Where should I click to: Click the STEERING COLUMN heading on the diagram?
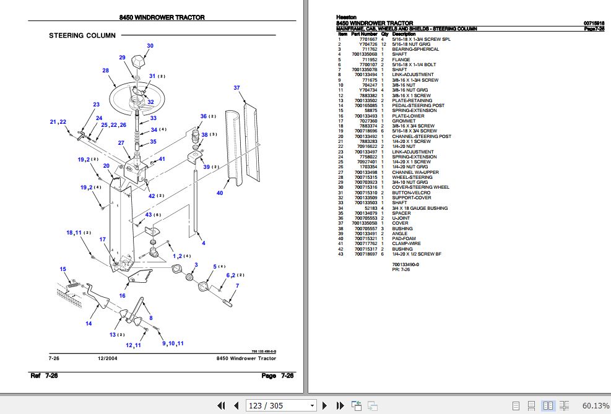[82, 36]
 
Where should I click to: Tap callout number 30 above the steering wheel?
[150, 46]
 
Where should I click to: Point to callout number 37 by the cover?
[236, 88]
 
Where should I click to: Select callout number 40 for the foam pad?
[219, 194]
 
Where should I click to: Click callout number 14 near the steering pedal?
[89, 323]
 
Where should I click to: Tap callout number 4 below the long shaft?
[203, 243]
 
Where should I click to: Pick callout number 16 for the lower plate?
[122, 296]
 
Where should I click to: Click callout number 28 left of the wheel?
[105, 71]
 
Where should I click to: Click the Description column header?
[404, 33]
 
